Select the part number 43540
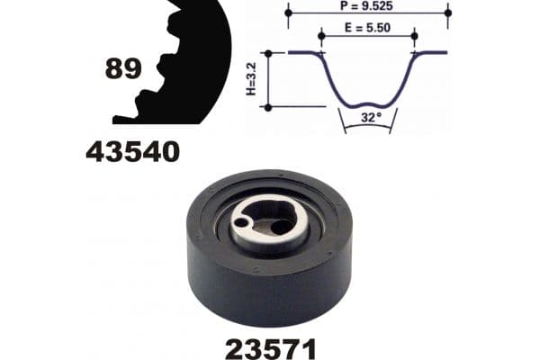[132, 152]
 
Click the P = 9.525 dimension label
[369, 5]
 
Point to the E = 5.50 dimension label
[369, 29]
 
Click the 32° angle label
[369, 116]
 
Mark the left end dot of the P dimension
[289, 13]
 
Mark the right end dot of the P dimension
[447, 13]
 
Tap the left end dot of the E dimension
[322, 36]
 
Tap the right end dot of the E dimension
[414, 36]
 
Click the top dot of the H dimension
[267, 53]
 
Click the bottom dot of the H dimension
[267, 107]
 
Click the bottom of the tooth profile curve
[369, 101]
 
